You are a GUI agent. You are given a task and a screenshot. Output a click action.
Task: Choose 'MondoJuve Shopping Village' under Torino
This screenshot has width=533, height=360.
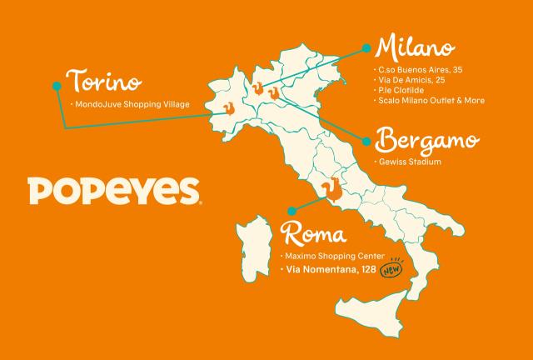click(x=132, y=104)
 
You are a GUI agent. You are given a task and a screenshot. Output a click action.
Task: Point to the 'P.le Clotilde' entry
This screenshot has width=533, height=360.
click(x=404, y=91)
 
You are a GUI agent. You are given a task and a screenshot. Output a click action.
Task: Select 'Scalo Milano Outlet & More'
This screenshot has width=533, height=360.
click(x=431, y=101)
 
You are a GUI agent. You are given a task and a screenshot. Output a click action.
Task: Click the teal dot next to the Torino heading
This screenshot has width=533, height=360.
click(x=57, y=85)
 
